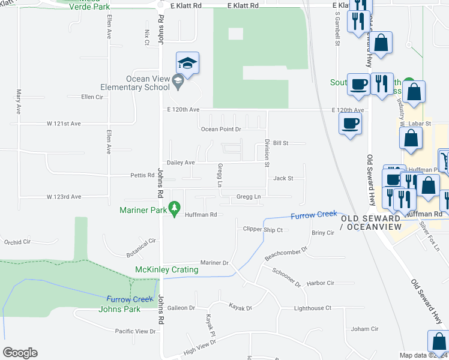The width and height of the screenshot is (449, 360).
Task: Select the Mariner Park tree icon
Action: coord(175,209)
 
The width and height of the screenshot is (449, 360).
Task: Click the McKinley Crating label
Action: coord(167,270)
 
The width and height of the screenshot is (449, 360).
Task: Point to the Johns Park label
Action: coord(120,309)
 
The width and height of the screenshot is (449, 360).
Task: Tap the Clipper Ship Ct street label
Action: coord(262,229)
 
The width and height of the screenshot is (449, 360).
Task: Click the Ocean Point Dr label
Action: coord(221,129)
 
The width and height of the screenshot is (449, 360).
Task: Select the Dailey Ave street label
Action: coord(181,163)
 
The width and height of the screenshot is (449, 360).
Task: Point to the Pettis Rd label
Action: coord(142,175)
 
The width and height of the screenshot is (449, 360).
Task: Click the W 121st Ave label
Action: coord(64,124)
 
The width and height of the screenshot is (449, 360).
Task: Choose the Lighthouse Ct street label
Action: coord(312,308)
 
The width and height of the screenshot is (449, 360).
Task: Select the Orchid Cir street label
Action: coord(17,242)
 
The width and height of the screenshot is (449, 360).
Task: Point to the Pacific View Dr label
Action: coord(135,331)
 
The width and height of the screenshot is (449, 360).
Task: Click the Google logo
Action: coord(20,353)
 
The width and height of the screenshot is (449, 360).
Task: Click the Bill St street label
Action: coord(281,143)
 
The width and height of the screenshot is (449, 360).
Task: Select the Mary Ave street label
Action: coord(19,102)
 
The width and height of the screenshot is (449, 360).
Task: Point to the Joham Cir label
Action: coord(364,329)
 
